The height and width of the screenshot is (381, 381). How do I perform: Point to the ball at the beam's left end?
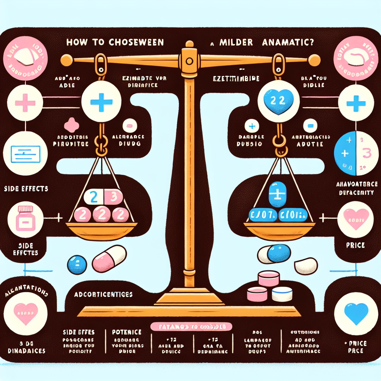[65, 59]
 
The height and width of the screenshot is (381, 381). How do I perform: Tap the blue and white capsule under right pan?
[273, 254]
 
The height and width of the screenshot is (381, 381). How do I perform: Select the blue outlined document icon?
[25, 153]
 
